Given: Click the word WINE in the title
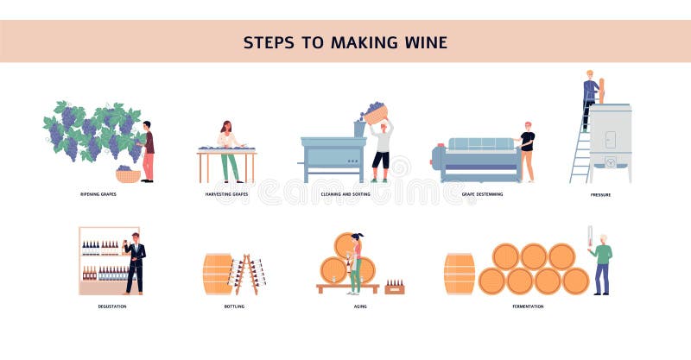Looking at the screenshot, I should click(423, 41).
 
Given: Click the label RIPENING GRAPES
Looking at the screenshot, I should click(96, 194).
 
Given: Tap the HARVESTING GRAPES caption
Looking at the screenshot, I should click(227, 194).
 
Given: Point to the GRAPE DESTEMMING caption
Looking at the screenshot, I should click(482, 194).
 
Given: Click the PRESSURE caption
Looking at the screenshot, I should click(600, 195).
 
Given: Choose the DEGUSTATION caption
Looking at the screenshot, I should click(112, 306).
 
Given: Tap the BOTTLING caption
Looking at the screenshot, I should click(234, 306).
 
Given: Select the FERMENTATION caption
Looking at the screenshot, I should click(528, 306).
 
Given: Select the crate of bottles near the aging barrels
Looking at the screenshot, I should click(394, 287).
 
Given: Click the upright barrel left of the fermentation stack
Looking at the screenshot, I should click(460, 274).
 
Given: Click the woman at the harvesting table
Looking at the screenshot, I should click(227, 148).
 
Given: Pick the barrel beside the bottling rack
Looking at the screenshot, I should click(217, 274).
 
